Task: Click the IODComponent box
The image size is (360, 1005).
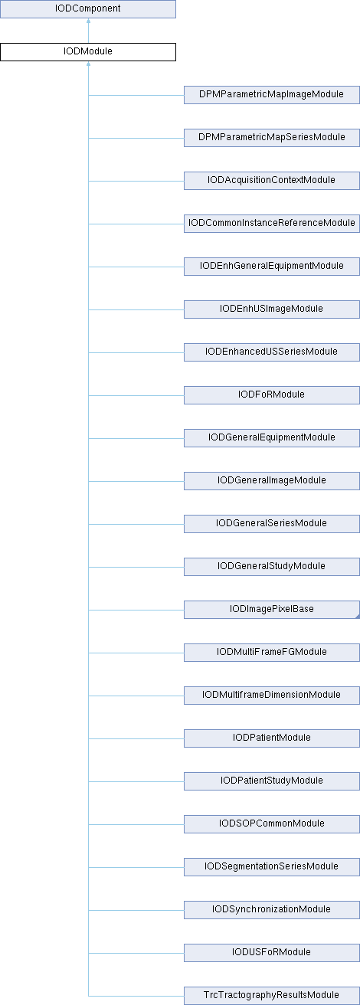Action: (x=88, y=9)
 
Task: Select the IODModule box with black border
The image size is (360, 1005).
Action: (x=88, y=52)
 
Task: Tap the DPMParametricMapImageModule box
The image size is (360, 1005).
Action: (x=272, y=95)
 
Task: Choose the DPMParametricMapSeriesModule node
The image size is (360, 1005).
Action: (x=272, y=138)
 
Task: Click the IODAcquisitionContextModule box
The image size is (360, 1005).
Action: (x=272, y=180)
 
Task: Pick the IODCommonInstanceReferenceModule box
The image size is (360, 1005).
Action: (x=272, y=224)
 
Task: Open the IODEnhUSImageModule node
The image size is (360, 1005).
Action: (x=272, y=309)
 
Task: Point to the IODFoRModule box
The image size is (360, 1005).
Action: (x=272, y=394)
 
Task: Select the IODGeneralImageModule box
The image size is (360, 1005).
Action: (x=272, y=480)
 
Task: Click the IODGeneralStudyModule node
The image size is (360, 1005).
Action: (x=272, y=567)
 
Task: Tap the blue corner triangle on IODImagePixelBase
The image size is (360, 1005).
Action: (x=358, y=617)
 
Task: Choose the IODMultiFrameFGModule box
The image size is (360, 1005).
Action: (x=272, y=653)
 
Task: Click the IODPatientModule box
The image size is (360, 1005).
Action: (x=272, y=738)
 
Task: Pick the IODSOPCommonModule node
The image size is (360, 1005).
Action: (x=272, y=823)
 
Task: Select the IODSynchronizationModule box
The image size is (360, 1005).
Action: (x=272, y=909)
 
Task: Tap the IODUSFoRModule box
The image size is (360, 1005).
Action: (x=272, y=952)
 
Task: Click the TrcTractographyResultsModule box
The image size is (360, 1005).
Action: (x=272, y=995)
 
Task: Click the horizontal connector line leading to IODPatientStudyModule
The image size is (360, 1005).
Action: (x=136, y=781)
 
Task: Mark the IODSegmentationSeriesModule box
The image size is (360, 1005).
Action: (x=272, y=867)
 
